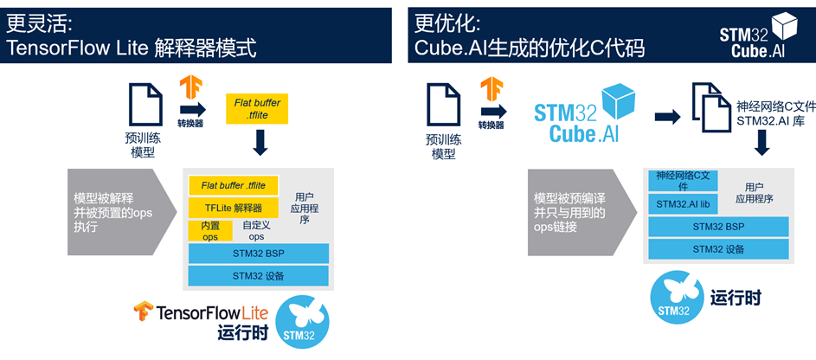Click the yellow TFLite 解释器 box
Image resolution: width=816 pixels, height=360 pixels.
pos(233,208)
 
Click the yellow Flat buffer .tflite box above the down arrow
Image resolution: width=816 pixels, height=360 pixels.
pos(257,109)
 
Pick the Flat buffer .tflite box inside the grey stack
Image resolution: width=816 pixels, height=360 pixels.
pos(233,186)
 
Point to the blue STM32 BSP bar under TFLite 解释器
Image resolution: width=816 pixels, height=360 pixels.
pos(259,254)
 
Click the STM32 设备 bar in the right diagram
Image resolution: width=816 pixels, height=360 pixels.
pos(718,249)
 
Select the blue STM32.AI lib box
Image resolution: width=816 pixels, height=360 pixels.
pos(683,204)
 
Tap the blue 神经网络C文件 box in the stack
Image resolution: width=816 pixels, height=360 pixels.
pos(683,181)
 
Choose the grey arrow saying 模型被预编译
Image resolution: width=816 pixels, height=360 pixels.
pos(581,212)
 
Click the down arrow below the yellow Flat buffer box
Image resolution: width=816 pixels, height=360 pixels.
pos(260,143)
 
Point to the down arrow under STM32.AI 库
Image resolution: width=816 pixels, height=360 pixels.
pos(762,143)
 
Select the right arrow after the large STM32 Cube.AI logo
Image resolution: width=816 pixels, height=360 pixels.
pos(668,117)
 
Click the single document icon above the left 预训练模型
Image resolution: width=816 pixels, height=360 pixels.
pos(145,104)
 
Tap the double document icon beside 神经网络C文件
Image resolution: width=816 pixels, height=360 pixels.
pos(710,105)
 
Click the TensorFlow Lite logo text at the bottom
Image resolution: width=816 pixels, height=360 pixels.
pos(201,312)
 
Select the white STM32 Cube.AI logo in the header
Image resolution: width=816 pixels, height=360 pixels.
pos(759,35)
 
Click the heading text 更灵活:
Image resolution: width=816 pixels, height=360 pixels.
pos(40,22)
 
